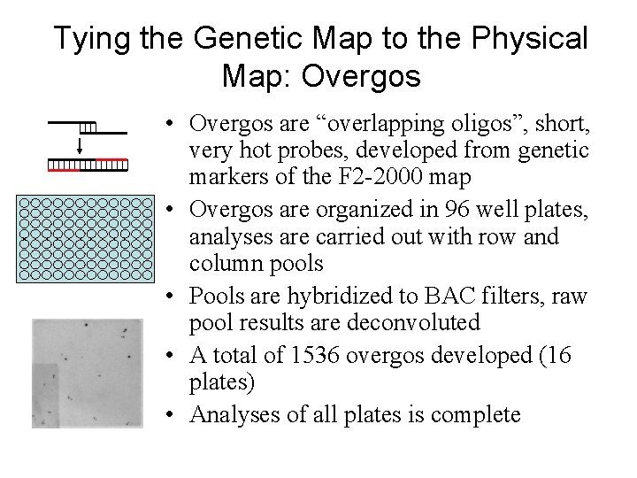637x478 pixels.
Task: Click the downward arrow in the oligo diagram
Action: click(x=80, y=146)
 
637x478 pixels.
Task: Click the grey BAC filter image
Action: click(x=87, y=374)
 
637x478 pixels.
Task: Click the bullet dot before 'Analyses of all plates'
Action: click(x=176, y=414)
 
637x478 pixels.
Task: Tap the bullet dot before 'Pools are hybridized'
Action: click(x=176, y=296)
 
